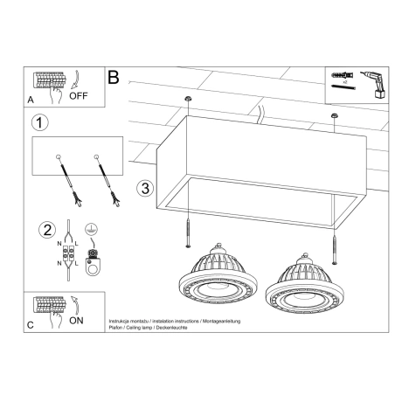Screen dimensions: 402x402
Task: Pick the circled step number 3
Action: click(147, 187)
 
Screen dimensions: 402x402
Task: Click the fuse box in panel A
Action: click(51, 81)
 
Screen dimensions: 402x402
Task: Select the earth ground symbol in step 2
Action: click(89, 231)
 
